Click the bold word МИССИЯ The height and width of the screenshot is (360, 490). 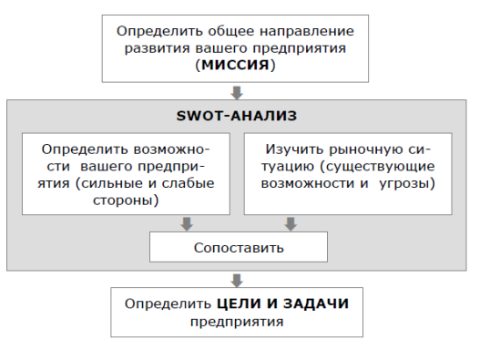point(235,65)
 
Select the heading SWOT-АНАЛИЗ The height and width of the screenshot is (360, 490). point(237,116)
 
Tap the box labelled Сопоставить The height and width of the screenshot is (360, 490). point(239,247)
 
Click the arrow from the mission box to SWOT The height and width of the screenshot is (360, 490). point(237,93)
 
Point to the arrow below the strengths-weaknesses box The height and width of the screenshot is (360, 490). point(187,224)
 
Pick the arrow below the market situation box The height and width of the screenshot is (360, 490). point(291,224)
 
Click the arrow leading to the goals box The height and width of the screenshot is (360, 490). point(237,281)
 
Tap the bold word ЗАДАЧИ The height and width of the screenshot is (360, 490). point(316,303)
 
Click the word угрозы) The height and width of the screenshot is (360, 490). point(407,183)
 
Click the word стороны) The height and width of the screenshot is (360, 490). point(126,201)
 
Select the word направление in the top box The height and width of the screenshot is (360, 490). point(307,32)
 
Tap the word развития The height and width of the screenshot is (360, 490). point(158,49)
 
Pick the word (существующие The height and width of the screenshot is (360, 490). point(377,167)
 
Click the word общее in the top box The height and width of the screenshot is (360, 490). point(231,31)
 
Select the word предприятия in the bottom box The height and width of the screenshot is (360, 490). point(237,322)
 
